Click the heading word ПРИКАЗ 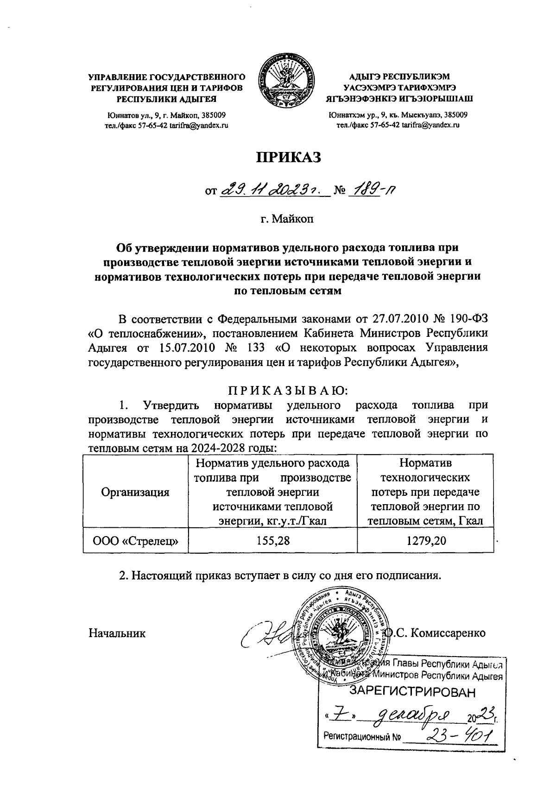[x=289, y=158]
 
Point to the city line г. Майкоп [x=287, y=219]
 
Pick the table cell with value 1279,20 [x=424, y=540]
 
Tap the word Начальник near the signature [x=117, y=632]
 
